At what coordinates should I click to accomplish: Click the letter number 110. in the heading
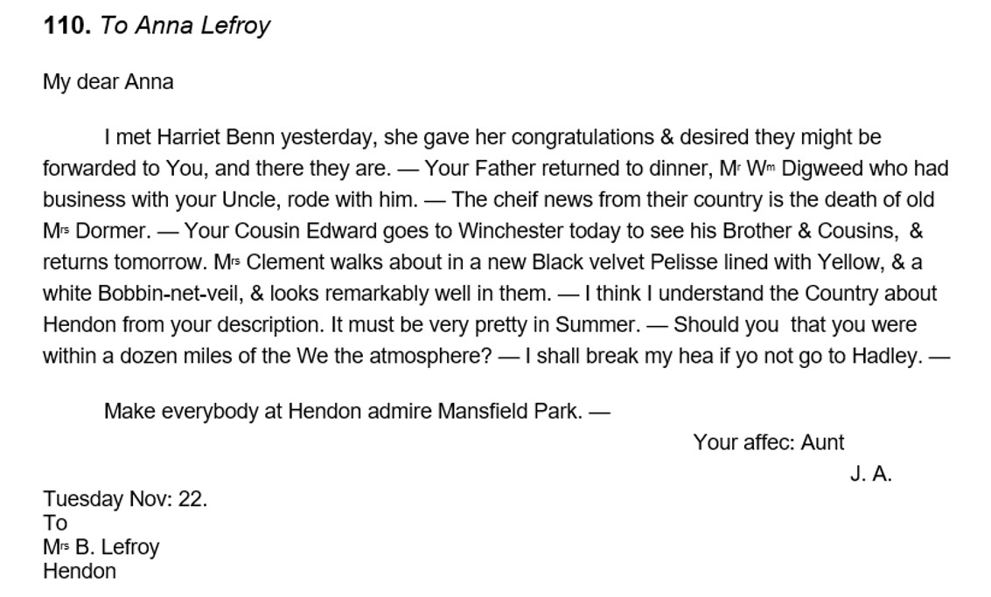point(67,26)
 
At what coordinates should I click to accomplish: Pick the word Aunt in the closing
point(822,442)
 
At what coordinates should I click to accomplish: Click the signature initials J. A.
point(870,475)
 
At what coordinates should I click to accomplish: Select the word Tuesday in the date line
point(83,499)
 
